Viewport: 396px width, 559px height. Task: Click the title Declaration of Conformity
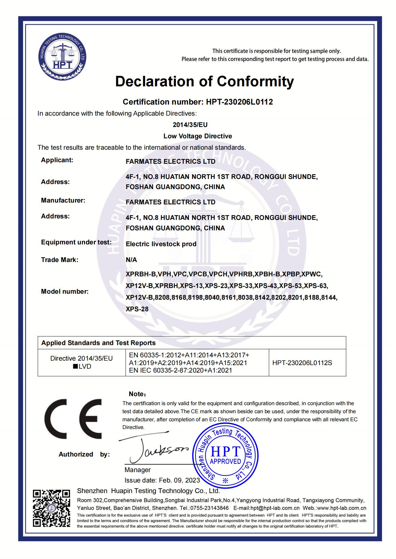pos(204,81)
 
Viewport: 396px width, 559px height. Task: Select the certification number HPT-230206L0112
pos(239,102)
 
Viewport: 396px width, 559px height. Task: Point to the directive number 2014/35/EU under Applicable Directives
pos(190,125)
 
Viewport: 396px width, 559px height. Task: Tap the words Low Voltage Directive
pos(198,136)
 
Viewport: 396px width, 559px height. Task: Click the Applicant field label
pos(57,160)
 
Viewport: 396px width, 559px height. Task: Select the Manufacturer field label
pos(63,200)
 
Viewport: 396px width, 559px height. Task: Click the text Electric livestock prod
pos(161,244)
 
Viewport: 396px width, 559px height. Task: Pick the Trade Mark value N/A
pos(131,260)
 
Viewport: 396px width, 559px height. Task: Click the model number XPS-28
pos(137,309)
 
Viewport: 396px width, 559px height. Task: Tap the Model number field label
pos(65,292)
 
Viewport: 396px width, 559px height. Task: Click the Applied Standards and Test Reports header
pos(98,343)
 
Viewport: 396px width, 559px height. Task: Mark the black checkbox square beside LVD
pos(75,367)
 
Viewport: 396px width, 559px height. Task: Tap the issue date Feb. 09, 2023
pos(179,480)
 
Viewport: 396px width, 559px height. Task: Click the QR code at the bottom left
pos(51,508)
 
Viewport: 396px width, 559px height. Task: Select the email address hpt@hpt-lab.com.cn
pos(275,508)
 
